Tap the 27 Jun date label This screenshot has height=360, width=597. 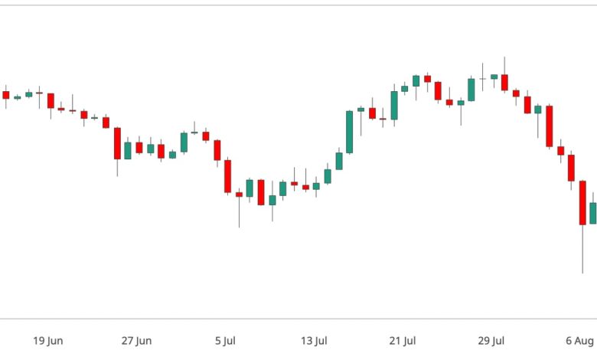138,341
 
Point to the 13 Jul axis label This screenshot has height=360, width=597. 315,341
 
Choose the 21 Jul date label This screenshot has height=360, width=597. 403,341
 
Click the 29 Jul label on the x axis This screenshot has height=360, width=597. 492,341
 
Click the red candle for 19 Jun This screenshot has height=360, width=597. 51,100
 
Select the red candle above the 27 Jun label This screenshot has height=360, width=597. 139,147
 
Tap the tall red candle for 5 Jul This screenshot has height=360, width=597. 227,175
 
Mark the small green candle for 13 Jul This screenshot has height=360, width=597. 316,185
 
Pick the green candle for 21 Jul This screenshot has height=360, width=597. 394,106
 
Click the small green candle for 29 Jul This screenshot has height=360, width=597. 494,77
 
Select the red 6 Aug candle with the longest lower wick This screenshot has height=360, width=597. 582,203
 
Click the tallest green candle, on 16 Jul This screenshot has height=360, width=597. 349,132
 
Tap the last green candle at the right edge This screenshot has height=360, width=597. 592,213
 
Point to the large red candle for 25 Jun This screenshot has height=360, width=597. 117,143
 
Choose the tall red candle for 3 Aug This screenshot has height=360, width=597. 549,126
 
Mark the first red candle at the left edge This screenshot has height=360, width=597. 6,95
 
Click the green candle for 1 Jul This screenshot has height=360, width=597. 184,142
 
